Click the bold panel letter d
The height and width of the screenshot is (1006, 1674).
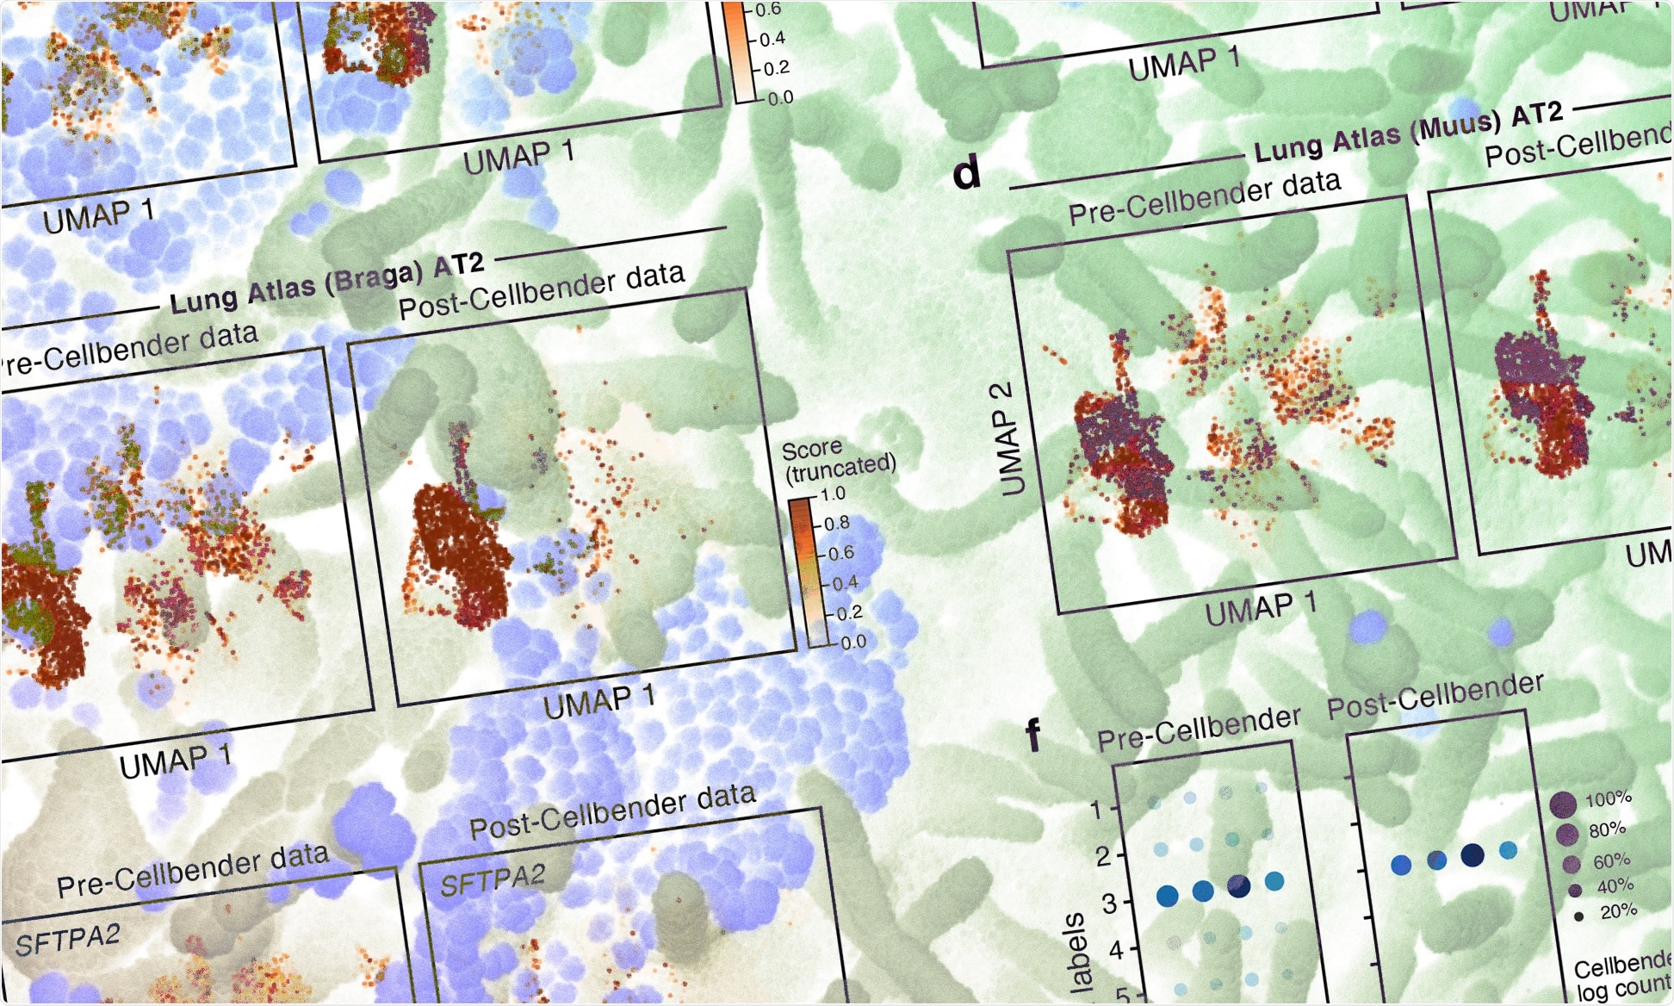point(968,172)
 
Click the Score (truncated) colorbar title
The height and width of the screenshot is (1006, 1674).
point(838,460)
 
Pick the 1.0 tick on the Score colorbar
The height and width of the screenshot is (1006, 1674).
point(834,494)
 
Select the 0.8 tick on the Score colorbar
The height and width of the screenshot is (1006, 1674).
point(837,524)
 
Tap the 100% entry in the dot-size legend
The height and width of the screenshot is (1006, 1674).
point(1607,799)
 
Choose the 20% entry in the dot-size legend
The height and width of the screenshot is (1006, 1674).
point(1617,911)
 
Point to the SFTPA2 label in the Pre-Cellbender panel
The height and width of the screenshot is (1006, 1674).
point(67,941)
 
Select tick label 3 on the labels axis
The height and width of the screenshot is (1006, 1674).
point(1110,904)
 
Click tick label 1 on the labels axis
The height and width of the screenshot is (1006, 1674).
point(1096,810)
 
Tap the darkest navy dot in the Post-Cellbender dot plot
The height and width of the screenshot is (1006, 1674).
point(1472,854)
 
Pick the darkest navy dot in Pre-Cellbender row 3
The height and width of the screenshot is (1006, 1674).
point(1239,886)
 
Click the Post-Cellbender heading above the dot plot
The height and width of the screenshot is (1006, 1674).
point(1435,696)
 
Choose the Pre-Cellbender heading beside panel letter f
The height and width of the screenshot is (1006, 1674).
point(1199,729)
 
